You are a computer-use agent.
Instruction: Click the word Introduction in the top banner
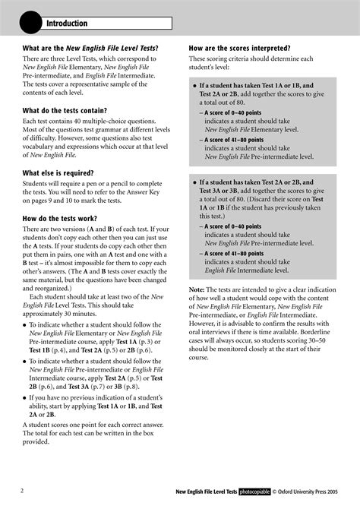click(x=67, y=24)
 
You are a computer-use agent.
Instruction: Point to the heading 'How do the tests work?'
click(x=65, y=217)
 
